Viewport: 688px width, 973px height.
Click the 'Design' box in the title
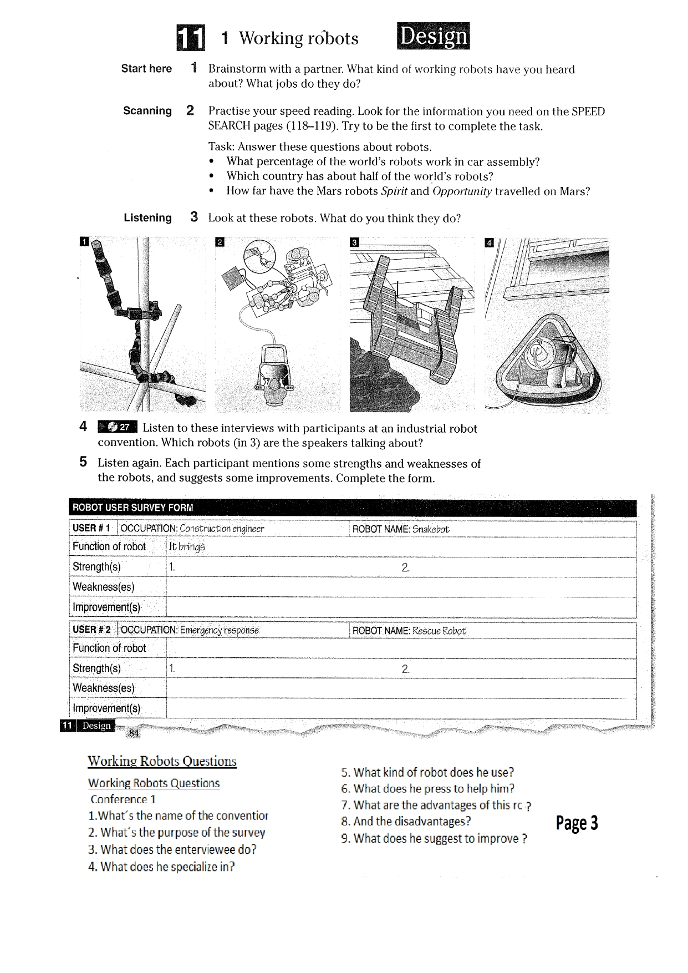point(433,36)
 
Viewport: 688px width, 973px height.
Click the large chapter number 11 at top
point(191,38)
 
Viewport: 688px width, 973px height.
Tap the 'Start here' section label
point(146,69)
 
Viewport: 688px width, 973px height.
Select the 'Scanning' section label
point(147,111)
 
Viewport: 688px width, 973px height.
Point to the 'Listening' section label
point(147,218)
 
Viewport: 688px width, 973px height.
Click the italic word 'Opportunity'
point(462,191)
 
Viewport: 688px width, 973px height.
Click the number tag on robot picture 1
point(84,241)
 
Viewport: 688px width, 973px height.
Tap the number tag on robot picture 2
point(220,242)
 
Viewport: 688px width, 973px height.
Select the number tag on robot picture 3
point(354,242)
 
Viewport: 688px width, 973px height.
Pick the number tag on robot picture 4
point(488,242)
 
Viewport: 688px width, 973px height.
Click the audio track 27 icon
point(117,427)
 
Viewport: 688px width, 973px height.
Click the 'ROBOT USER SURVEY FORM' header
point(133,507)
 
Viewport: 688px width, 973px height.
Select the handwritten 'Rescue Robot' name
point(439,631)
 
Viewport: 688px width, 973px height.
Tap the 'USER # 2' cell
point(92,630)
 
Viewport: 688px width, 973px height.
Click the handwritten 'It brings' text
point(187,547)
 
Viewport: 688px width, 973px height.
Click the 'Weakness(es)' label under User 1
point(104,587)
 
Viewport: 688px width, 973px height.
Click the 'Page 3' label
point(577,823)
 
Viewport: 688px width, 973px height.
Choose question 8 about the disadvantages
point(406,822)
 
